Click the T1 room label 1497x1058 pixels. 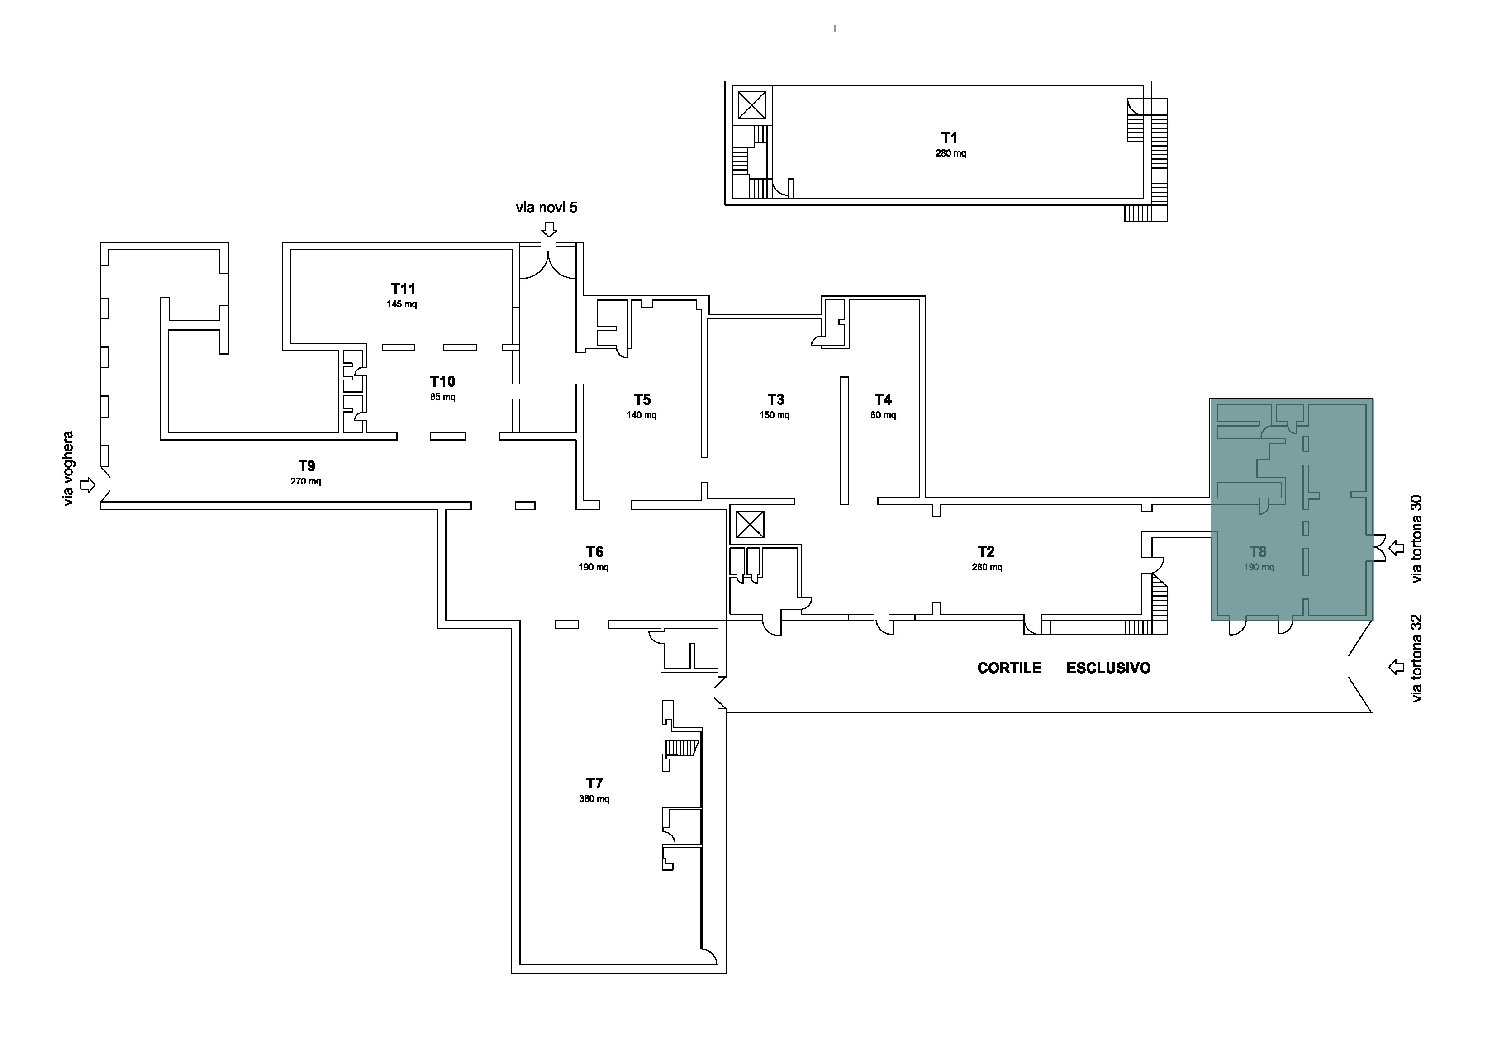tap(949, 138)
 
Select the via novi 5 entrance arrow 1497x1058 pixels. tap(550, 229)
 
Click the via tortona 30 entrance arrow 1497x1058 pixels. tap(1396, 548)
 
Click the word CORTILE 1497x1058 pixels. tap(1009, 668)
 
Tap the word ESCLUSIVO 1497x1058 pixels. tap(1108, 668)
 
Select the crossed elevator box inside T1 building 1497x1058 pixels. tap(752, 105)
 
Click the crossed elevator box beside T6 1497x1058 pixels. tap(750, 525)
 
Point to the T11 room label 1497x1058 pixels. tap(404, 289)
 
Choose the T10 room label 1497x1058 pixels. tap(443, 381)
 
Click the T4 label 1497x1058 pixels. tap(883, 399)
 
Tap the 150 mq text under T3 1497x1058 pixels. tap(775, 415)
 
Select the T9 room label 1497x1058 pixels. tap(306, 466)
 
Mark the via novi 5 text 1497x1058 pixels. tap(547, 207)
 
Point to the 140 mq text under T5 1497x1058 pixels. tap(642, 415)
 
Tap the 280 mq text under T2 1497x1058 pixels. tap(987, 568)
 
